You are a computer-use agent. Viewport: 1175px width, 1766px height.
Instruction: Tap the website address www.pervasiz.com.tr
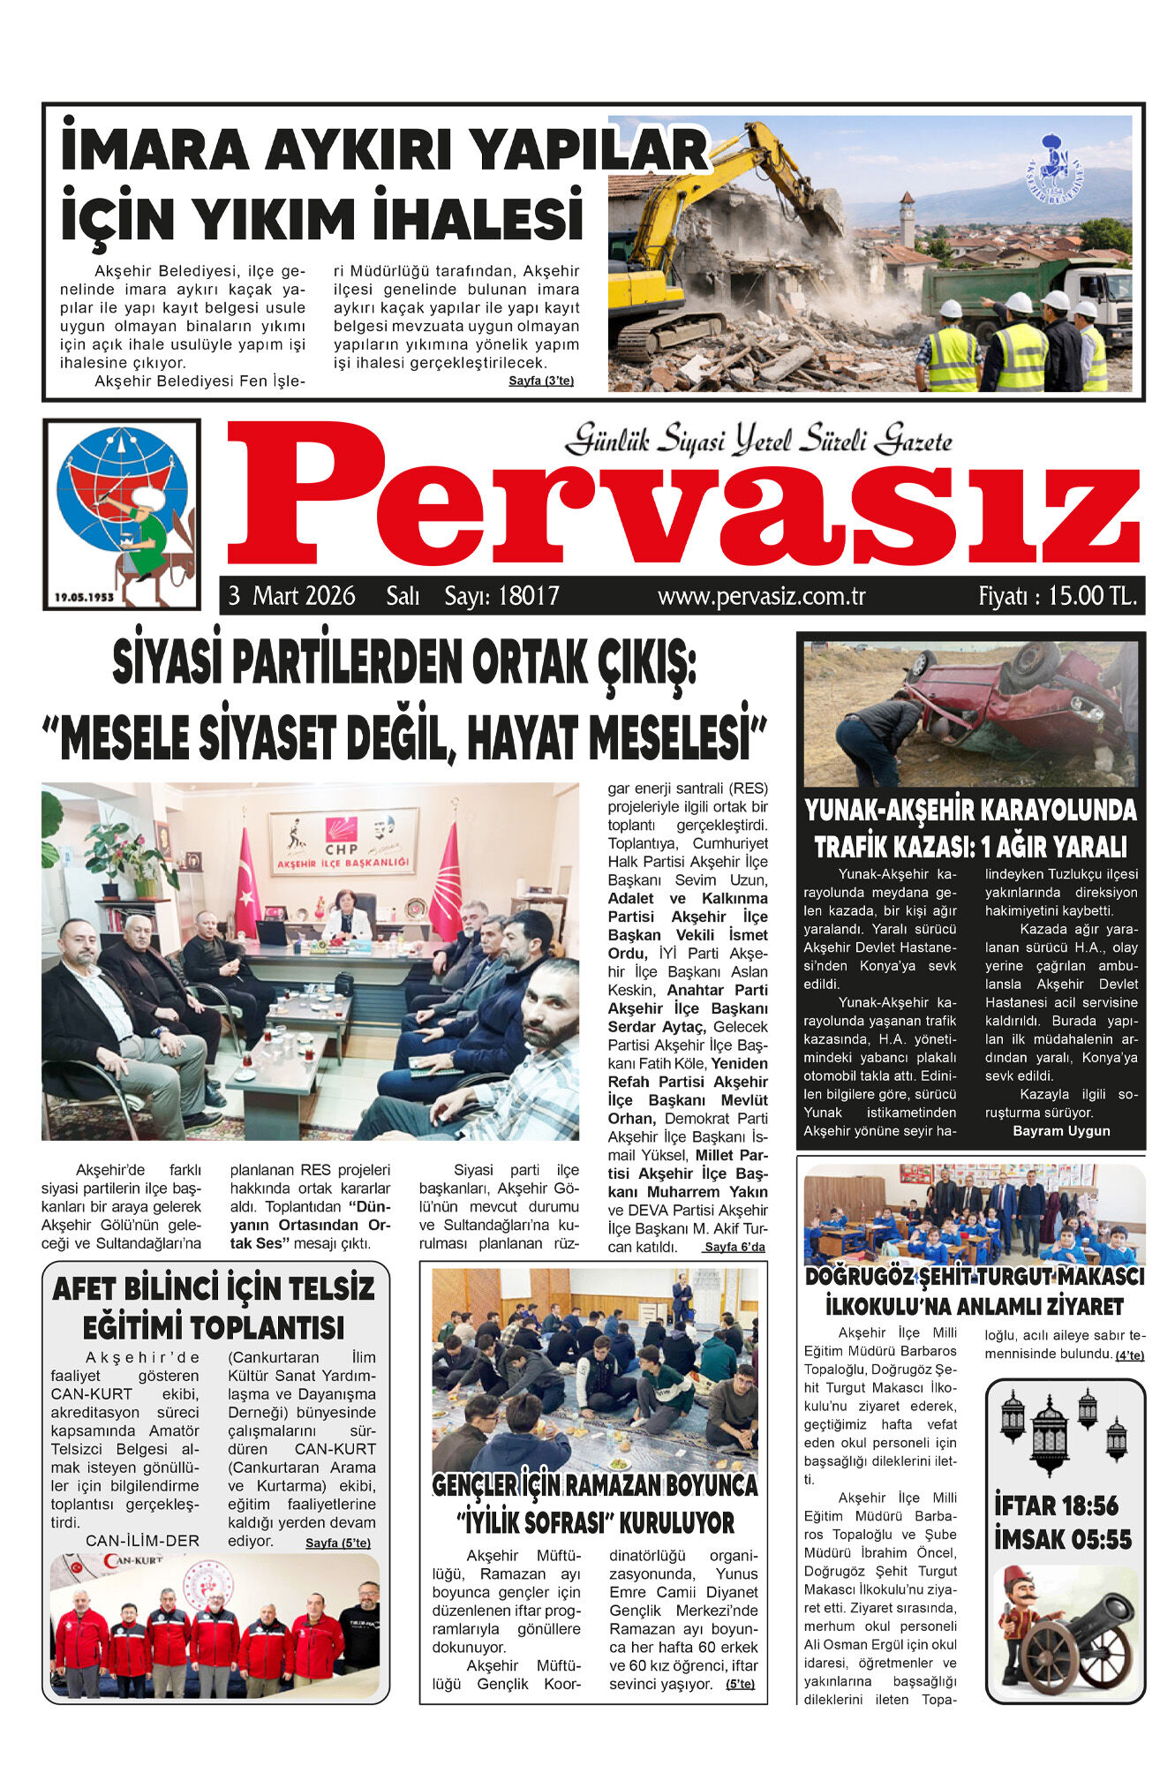pos(761,596)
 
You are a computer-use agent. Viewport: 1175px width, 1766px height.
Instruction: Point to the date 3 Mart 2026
pos(292,596)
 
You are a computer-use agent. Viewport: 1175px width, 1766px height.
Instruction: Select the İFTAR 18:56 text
pos(1056,1505)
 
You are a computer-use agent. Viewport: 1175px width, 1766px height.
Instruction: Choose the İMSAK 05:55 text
pos(1063,1539)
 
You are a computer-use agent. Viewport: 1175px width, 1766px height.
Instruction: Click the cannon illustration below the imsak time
pos(1064,1634)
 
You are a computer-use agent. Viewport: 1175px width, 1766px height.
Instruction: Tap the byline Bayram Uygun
pos(1061,1131)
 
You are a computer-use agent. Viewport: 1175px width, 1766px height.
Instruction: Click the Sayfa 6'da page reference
pos(734,1247)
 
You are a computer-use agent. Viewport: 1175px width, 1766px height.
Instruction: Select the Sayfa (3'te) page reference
pos(541,381)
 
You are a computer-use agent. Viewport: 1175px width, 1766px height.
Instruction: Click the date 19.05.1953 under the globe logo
pos(85,597)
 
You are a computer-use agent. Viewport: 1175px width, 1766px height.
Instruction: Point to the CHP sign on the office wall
pos(342,834)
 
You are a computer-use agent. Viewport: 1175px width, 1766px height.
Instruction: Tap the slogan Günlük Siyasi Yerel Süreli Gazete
pos(759,439)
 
